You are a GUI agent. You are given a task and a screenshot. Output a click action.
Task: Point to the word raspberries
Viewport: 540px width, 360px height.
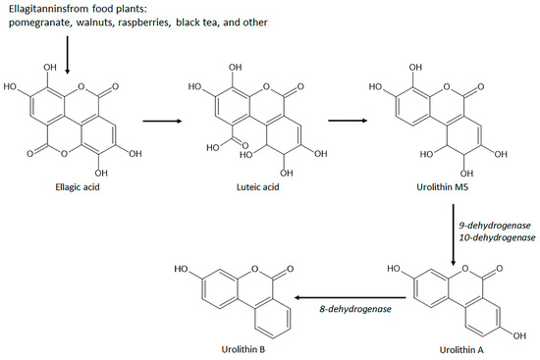tap(165, 25)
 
